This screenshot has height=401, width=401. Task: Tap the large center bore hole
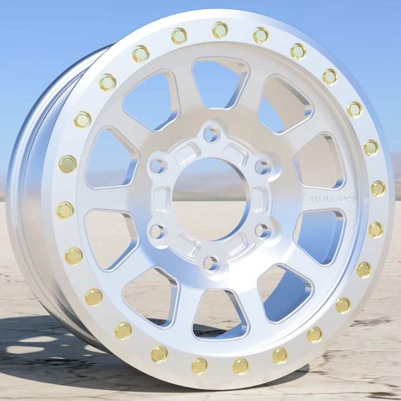(x=210, y=198)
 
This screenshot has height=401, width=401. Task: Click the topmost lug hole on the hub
(x=211, y=134)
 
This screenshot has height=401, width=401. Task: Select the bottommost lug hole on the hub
(x=211, y=262)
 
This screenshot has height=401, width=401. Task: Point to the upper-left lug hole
(x=158, y=165)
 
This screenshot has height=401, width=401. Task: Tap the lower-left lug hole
(x=158, y=230)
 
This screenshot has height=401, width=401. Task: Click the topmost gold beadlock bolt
(x=221, y=30)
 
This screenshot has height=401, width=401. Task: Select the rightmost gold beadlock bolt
(x=378, y=188)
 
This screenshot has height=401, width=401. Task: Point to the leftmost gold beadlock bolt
(x=65, y=210)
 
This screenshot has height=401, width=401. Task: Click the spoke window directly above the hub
(x=219, y=84)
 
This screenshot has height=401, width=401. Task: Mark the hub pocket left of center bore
(x=162, y=198)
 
